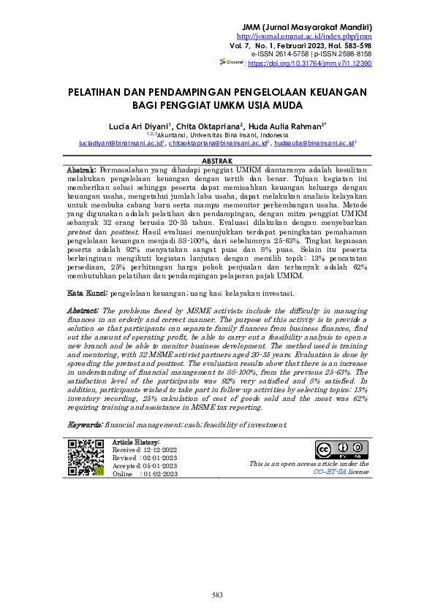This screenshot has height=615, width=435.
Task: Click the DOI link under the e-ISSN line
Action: [x=310, y=64]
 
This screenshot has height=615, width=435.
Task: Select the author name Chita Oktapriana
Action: [x=213, y=125]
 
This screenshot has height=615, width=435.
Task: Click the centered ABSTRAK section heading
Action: [x=217, y=161]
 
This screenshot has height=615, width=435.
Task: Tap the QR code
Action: [x=85, y=458]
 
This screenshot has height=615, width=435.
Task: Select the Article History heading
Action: [x=135, y=443]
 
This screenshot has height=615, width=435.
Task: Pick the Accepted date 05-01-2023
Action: [x=159, y=466]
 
